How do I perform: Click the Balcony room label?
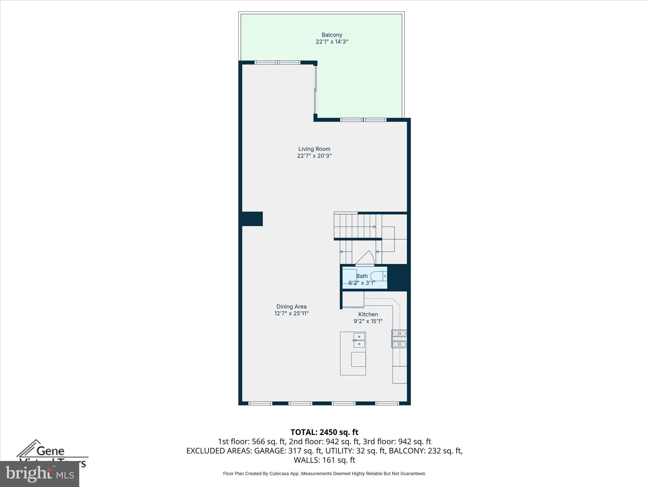(332, 35)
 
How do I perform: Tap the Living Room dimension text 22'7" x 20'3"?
(314, 156)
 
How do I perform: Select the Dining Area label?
(291, 307)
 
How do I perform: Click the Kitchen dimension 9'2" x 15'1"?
(368, 321)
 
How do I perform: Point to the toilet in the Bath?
(379, 276)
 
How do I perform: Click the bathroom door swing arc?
(366, 257)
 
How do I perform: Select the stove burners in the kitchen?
(399, 339)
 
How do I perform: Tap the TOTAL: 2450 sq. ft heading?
(324, 432)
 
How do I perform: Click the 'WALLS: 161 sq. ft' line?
(324, 460)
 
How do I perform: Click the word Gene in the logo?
(50, 451)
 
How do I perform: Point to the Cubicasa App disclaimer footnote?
(324, 474)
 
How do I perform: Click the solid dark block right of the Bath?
(399, 277)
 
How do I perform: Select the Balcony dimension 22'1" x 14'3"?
(332, 42)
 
